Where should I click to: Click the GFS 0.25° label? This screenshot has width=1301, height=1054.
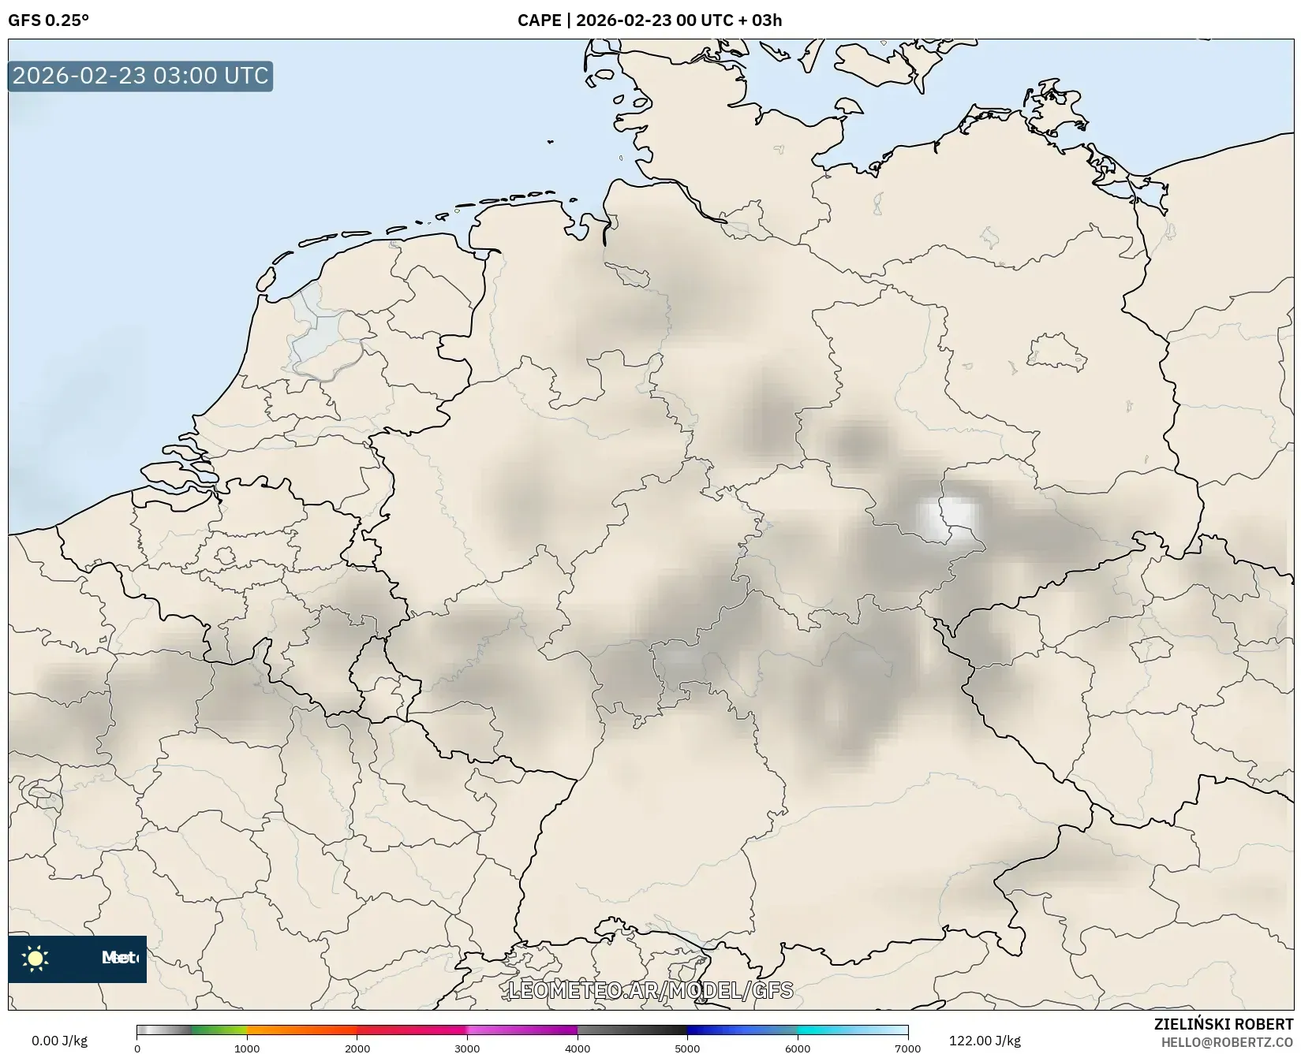click(x=48, y=20)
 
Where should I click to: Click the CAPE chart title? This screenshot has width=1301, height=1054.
click(x=649, y=20)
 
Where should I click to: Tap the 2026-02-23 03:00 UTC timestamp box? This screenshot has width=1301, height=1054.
click(x=140, y=76)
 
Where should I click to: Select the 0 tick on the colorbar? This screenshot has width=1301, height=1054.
click(x=137, y=1048)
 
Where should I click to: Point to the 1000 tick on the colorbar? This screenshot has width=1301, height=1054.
click(x=247, y=1048)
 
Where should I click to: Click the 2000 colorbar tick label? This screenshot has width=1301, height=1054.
click(x=357, y=1048)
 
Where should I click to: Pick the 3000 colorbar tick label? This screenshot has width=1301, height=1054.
click(x=467, y=1048)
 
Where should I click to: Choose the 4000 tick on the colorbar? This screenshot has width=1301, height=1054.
click(x=578, y=1048)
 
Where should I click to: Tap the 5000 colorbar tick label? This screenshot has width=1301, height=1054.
click(x=687, y=1048)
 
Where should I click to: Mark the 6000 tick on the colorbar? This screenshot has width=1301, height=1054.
click(x=798, y=1048)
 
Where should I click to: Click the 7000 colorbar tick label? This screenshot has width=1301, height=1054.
click(x=907, y=1048)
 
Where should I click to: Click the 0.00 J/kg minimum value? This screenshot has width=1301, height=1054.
click(x=59, y=1041)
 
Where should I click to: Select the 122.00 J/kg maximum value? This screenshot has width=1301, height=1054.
click(x=985, y=1041)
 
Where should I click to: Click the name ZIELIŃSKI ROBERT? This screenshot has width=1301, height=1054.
click(x=1224, y=1024)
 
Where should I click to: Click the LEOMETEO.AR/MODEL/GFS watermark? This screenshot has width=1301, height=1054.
click(x=650, y=990)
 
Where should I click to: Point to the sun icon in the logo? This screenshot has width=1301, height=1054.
click(x=36, y=959)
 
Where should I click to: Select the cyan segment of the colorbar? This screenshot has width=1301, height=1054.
click(x=828, y=1030)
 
